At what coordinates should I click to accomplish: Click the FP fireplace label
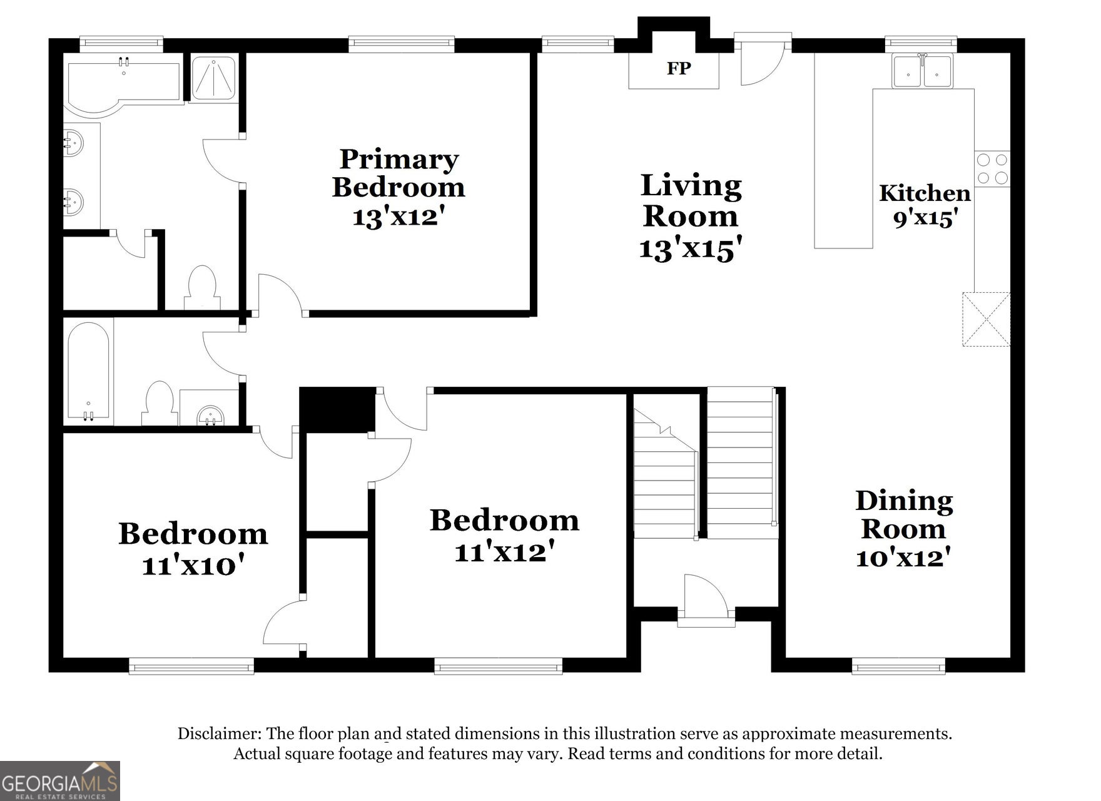pos(678,68)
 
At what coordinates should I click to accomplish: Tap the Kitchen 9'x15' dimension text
pos(925,219)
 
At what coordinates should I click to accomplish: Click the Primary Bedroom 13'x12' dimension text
pos(398,217)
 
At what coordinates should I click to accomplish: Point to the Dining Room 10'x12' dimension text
pos(903,557)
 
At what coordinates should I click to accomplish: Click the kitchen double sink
pos(923,71)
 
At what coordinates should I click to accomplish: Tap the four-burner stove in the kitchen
pos(992,169)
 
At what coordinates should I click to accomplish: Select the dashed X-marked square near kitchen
pos(986,319)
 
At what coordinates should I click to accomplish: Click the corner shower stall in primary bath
pos(213,79)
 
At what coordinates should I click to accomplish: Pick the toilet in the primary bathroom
pos(202,287)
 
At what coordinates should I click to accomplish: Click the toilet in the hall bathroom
pos(159,404)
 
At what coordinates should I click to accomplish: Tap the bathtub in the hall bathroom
pos(89,372)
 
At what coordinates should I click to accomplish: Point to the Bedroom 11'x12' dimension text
pos(505,553)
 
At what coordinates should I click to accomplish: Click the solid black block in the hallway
pos(337,410)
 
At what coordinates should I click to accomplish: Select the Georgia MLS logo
pos(60,781)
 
